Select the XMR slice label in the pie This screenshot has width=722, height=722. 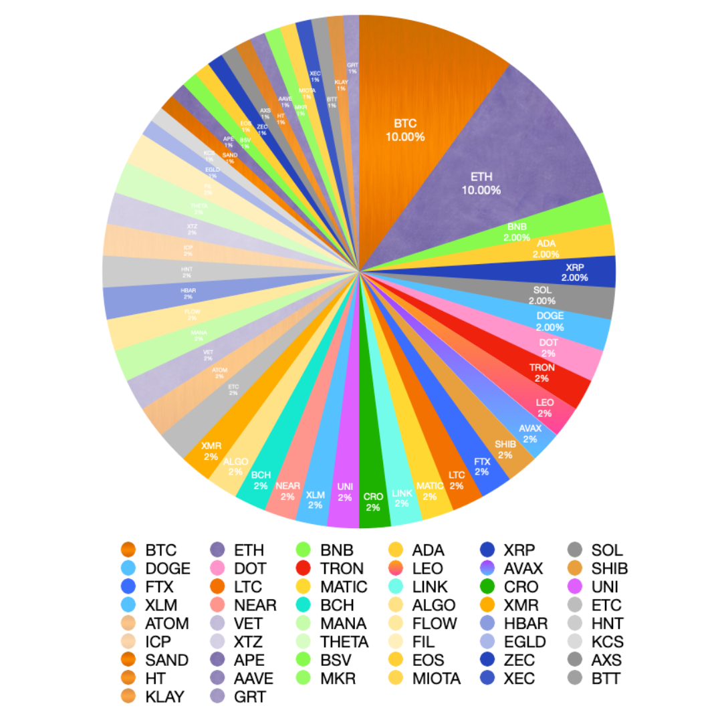coord(211,451)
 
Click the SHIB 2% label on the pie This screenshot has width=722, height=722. coord(505,449)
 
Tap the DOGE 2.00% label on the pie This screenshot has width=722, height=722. coord(550,321)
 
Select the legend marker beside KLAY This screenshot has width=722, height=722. coord(129,697)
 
